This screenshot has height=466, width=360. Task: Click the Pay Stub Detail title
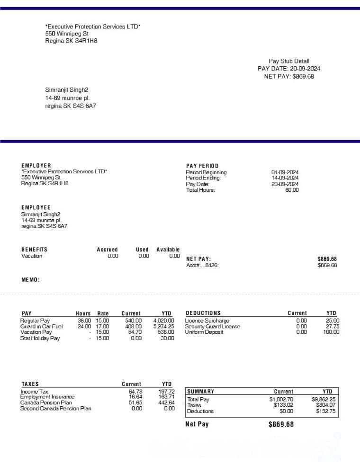tap(288, 61)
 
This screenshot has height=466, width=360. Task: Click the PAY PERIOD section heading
tap(202, 166)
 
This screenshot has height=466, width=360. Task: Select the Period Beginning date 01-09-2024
tap(285, 172)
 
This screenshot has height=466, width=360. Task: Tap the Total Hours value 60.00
tap(292, 190)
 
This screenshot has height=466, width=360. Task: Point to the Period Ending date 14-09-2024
tap(285, 178)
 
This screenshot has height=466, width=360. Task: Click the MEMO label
tap(30, 280)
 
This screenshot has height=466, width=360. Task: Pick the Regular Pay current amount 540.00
tap(133, 321)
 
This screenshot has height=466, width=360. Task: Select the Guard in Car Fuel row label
tap(41, 326)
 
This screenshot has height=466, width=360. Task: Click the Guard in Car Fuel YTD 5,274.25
tap(163, 326)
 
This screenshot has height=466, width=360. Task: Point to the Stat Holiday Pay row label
tap(40, 338)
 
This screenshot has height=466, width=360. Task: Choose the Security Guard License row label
tap(212, 326)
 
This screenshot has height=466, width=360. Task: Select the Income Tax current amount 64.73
tap(135, 392)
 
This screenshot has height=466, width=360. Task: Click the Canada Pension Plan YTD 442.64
tap(166, 403)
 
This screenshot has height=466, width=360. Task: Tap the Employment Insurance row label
tap(47, 397)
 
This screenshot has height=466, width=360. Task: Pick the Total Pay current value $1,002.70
tap(281, 399)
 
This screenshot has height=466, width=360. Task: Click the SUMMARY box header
tap(201, 392)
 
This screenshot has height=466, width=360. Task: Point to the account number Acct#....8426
tap(202, 265)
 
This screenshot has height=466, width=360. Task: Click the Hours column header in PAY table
tap(83, 314)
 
